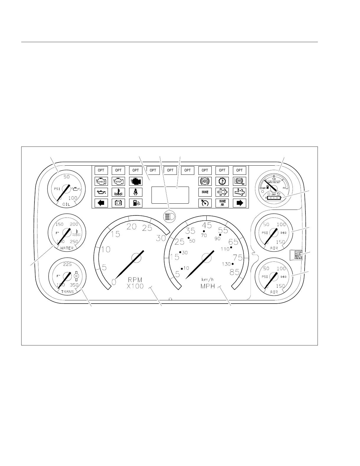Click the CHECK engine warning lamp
(x=101, y=181)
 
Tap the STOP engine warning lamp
(x=118, y=181)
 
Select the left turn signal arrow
(x=101, y=203)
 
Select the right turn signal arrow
(x=239, y=203)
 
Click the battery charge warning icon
(x=118, y=203)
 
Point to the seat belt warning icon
(x=136, y=192)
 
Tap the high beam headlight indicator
(x=169, y=216)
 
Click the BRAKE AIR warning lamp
(x=222, y=203)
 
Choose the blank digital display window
(x=170, y=195)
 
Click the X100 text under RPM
(x=135, y=286)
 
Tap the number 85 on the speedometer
(x=235, y=272)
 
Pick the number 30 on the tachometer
(x=161, y=238)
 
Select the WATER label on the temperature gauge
(x=67, y=248)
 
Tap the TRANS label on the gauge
(x=67, y=292)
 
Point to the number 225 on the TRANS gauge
(x=67, y=264)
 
